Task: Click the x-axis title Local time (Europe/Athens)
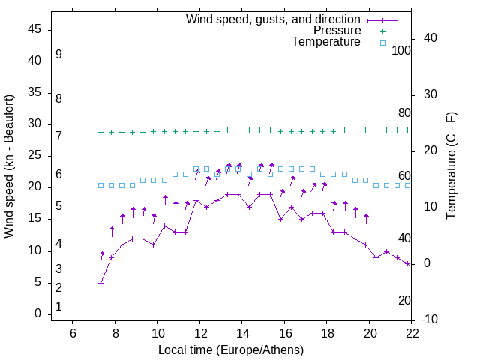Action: click(231, 350)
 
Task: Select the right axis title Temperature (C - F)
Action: click(451, 166)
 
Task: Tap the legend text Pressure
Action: click(337, 31)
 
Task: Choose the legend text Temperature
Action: click(326, 42)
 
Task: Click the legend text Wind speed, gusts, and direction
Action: click(274, 19)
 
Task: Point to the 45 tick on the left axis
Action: click(34, 29)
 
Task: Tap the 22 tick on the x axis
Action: click(412, 333)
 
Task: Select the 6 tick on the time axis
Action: click(73, 333)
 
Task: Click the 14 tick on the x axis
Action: click(242, 333)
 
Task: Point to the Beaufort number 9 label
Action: click(58, 55)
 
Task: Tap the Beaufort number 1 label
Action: click(58, 307)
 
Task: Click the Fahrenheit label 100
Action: click(402, 51)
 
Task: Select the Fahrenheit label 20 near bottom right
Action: click(404, 301)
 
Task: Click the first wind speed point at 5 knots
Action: click(101, 283)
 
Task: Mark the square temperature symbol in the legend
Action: click(382, 43)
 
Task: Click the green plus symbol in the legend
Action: click(382, 31)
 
